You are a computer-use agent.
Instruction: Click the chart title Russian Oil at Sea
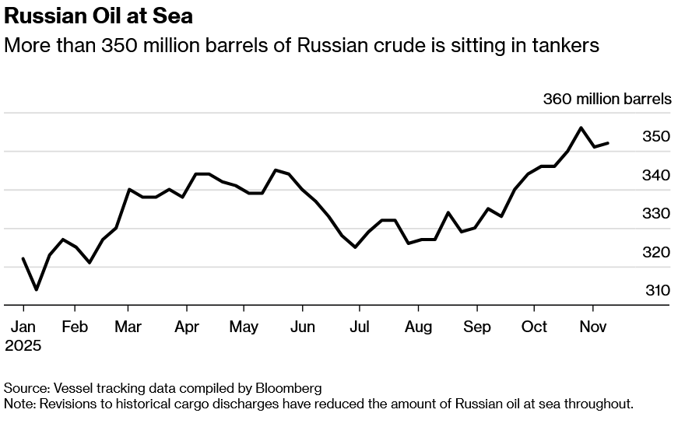[99, 15]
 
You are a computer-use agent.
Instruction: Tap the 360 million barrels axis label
[606, 100]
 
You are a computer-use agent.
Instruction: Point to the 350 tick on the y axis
[656, 137]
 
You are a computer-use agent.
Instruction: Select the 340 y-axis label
[656, 176]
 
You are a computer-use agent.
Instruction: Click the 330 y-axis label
[656, 214]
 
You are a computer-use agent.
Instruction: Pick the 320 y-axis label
[656, 253]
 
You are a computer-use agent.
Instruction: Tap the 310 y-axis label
[656, 290]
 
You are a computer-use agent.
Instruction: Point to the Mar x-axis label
[128, 327]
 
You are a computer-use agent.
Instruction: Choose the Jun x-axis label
[302, 327]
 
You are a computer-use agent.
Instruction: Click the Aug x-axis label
[418, 327]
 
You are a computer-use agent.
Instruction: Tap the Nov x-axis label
[592, 327]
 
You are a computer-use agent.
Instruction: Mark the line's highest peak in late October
[581, 128]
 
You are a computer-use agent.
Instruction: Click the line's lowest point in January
[36, 289]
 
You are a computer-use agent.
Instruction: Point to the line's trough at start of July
[355, 247]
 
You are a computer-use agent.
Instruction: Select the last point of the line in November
[608, 142]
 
